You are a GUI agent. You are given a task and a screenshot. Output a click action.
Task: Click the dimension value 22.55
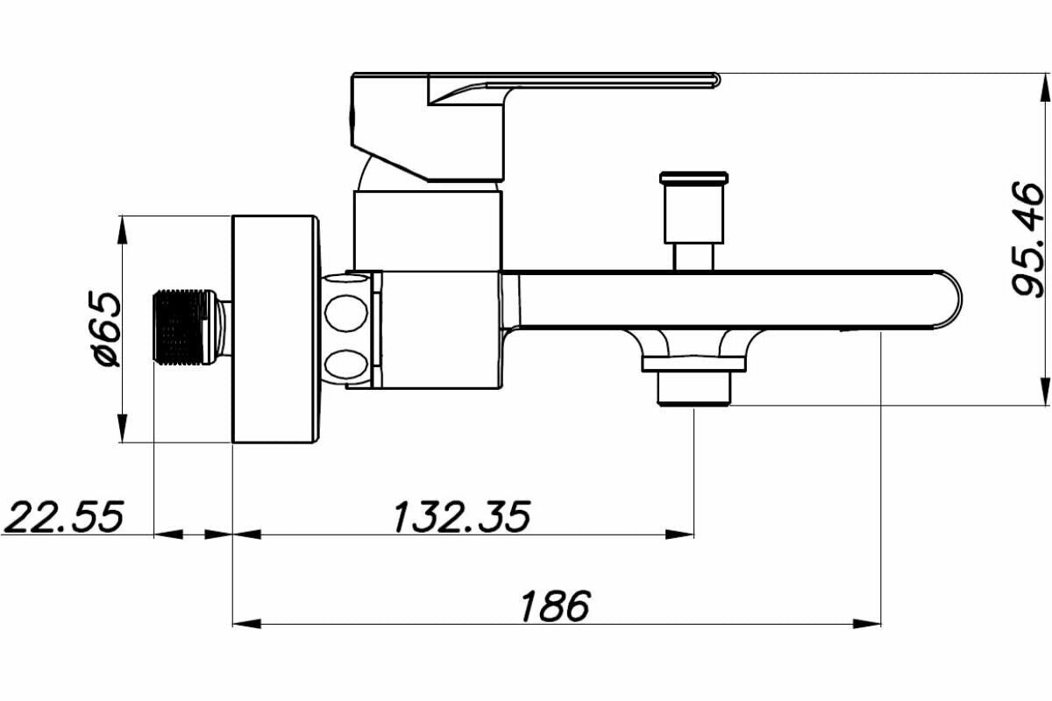coord(63,516)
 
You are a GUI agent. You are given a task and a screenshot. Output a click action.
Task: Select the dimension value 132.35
coord(462,516)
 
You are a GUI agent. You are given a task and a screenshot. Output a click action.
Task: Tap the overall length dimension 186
coord(556,605)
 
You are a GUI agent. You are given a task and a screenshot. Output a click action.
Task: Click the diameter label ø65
coord(104,329)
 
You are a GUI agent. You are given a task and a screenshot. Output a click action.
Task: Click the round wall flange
coord(273,329)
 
